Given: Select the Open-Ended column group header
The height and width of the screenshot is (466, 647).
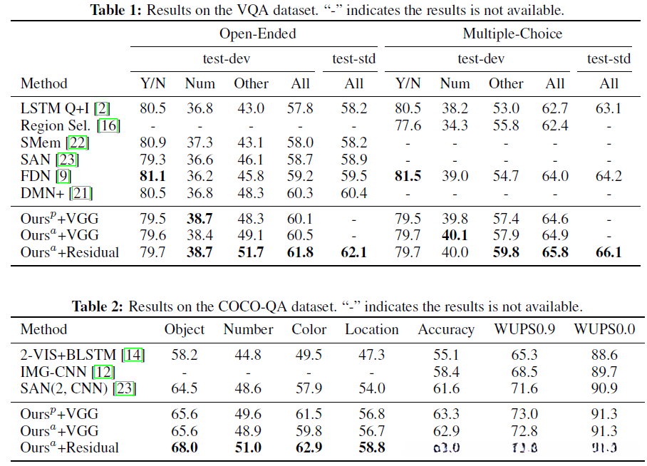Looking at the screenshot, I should click(x=257, y=33).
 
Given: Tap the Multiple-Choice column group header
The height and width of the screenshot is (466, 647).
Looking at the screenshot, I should click(x=512, y=33).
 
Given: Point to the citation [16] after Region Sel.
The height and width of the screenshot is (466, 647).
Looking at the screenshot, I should click(x=109, y=126).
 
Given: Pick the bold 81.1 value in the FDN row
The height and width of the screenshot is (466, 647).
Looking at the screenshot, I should click(x=151, y=176).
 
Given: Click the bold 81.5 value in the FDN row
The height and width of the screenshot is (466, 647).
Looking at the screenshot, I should click(x=408, y=176).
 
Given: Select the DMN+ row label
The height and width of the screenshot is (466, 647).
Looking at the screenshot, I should click(x=46, y=193).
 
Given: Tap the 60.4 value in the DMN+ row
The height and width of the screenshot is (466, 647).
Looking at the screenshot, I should click(x=354, y=193).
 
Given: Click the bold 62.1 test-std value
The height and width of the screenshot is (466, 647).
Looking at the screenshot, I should click(x=354, y=252).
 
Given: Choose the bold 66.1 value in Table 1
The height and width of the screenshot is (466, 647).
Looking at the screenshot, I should click(x=609, y=252).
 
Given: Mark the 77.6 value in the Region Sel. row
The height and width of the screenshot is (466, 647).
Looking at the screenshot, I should click(x=408, y=126).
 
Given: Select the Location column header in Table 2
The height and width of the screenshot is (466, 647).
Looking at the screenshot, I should click(x=372, y=330).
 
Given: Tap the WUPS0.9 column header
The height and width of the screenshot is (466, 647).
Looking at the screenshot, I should click(x=526, y=330).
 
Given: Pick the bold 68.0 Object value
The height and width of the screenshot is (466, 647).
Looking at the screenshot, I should click(x=185, y=448).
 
